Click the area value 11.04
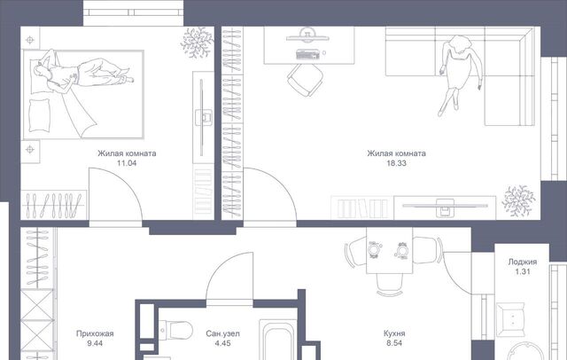[x=127, y=163]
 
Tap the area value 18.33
[x=396, y=163]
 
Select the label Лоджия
[x=523, y=262]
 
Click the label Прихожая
[x=95, y=333]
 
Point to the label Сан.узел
[x=222, y=333]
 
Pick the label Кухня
[x=394, y=333]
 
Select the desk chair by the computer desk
[x=306, y=80]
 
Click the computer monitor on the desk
[x=307, y=36]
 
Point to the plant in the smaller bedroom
[x=197, y=43]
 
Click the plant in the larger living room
[x=518, y=200]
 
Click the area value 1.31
[x=523, y=271]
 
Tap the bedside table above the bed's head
[x=30, y=39]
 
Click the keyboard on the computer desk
[x=307, y=54]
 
